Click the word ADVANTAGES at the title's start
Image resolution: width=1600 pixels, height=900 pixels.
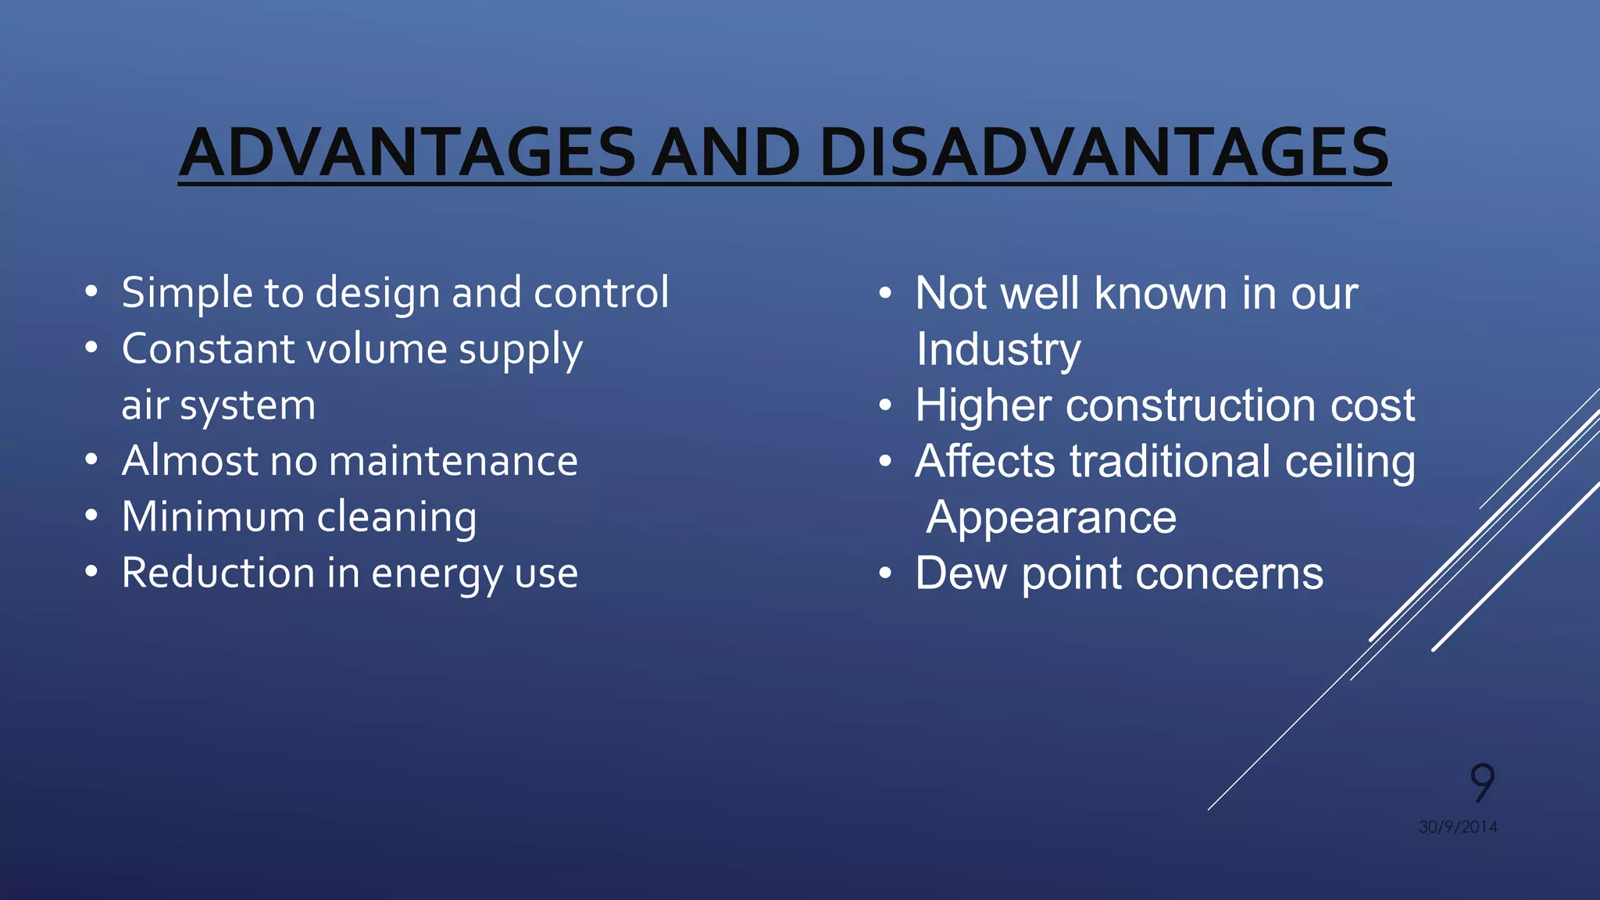(407, 152)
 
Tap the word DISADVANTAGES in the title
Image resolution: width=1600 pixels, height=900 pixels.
(1104, 152)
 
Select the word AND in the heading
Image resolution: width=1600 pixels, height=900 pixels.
(726, 152)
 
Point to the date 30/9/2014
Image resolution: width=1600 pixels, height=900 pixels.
(1458, 827)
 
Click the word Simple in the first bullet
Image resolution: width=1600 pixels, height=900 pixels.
(187, 294)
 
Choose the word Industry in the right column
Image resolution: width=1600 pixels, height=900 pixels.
(998, 349)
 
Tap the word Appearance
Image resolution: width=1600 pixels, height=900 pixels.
(1051, 517)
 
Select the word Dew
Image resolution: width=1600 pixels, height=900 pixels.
(960, 573)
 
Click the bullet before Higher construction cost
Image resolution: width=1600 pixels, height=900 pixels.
(884, 405)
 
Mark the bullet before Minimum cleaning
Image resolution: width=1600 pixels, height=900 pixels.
(91, 516)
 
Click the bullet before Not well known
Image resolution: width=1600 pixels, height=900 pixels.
(884, 294)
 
